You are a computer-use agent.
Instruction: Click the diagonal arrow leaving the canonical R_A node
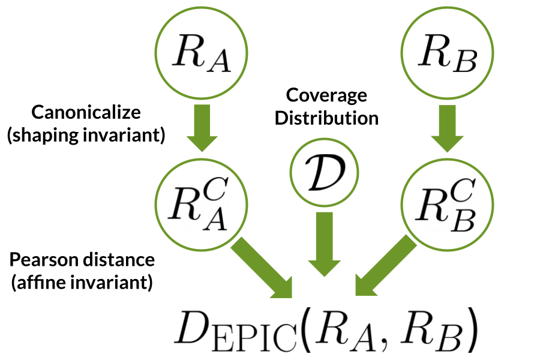[x=262, y=267]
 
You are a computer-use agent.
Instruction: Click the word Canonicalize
[x=86, y=112]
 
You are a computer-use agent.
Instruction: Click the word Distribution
[x=326, y=118]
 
